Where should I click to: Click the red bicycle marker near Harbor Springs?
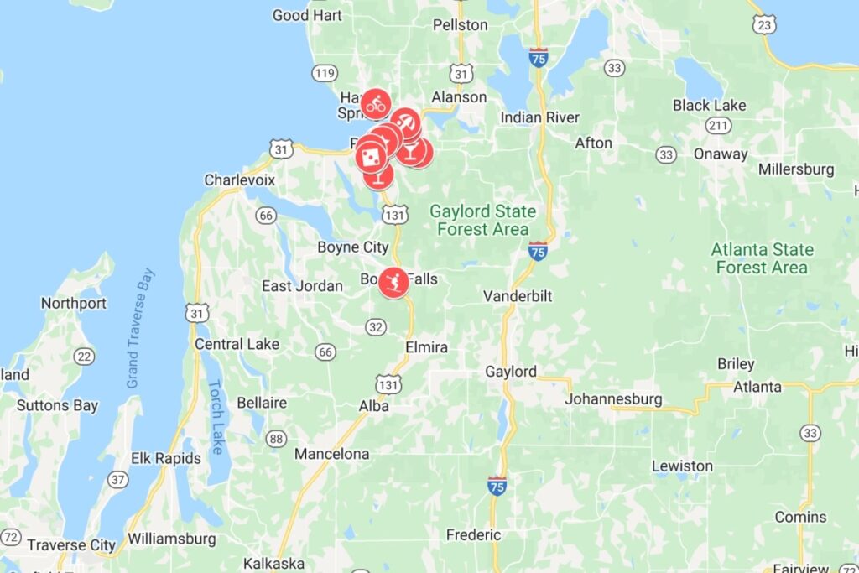point(376,104)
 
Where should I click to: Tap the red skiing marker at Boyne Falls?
point(393,281)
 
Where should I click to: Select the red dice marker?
point(371,155)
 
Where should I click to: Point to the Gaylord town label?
point(511,371)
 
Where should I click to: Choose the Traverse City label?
point(71,544)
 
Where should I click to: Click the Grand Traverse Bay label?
point(140,328)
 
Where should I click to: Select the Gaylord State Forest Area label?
point(482,220)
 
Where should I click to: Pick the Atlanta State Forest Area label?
point(762,258)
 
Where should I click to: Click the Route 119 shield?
point(324,73)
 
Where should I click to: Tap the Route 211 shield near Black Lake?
point(717,126)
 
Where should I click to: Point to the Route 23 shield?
point(763,25)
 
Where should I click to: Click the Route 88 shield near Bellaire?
point(275,438)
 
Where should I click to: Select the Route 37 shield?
point(118,480)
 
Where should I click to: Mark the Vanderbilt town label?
point(518,296)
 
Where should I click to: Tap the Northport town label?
point(74,303)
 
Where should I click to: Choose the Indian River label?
point(539,117)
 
